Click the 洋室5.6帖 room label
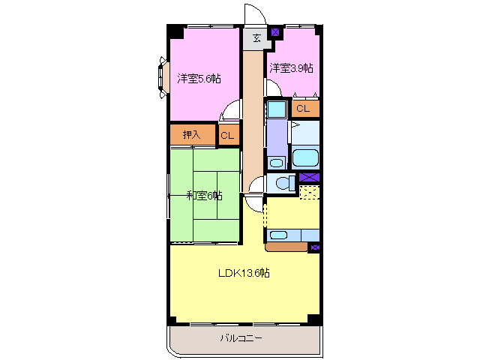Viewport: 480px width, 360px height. (199, 78)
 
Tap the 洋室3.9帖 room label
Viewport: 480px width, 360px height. (292, 67)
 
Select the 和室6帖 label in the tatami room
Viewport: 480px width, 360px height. (204, 196)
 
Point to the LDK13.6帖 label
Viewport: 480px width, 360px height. (244, 273)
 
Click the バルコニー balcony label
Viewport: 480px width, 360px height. (241, 338)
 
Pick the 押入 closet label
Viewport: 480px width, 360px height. (191, 135)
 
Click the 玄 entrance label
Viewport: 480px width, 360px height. (256, 38)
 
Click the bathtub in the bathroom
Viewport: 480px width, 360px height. (305, 158)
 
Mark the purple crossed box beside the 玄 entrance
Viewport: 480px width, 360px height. (275, 33)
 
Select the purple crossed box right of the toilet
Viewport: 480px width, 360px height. (308, 177)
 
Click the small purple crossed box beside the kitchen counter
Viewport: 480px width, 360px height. (314, 247)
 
